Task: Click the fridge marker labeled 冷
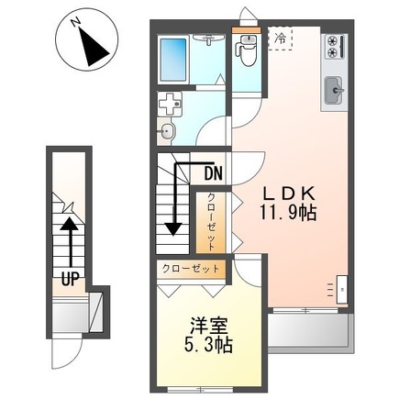279,39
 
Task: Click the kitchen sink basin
333,91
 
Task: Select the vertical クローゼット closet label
210,222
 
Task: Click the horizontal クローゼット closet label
191,270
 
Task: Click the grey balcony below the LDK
311,334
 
